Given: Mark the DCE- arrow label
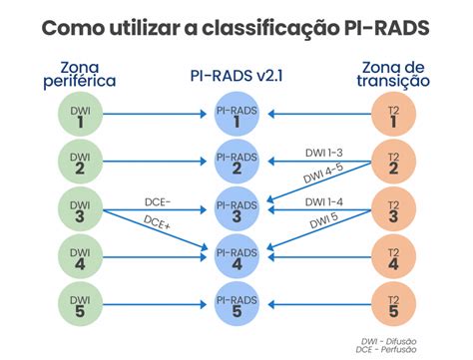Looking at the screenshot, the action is pyautogui.click(x=158, y=201).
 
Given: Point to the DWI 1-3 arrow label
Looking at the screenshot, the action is pyautogui.click(x=325, y=153).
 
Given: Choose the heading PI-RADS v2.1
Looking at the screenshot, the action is pyautogui.click(x=236, y=75).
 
